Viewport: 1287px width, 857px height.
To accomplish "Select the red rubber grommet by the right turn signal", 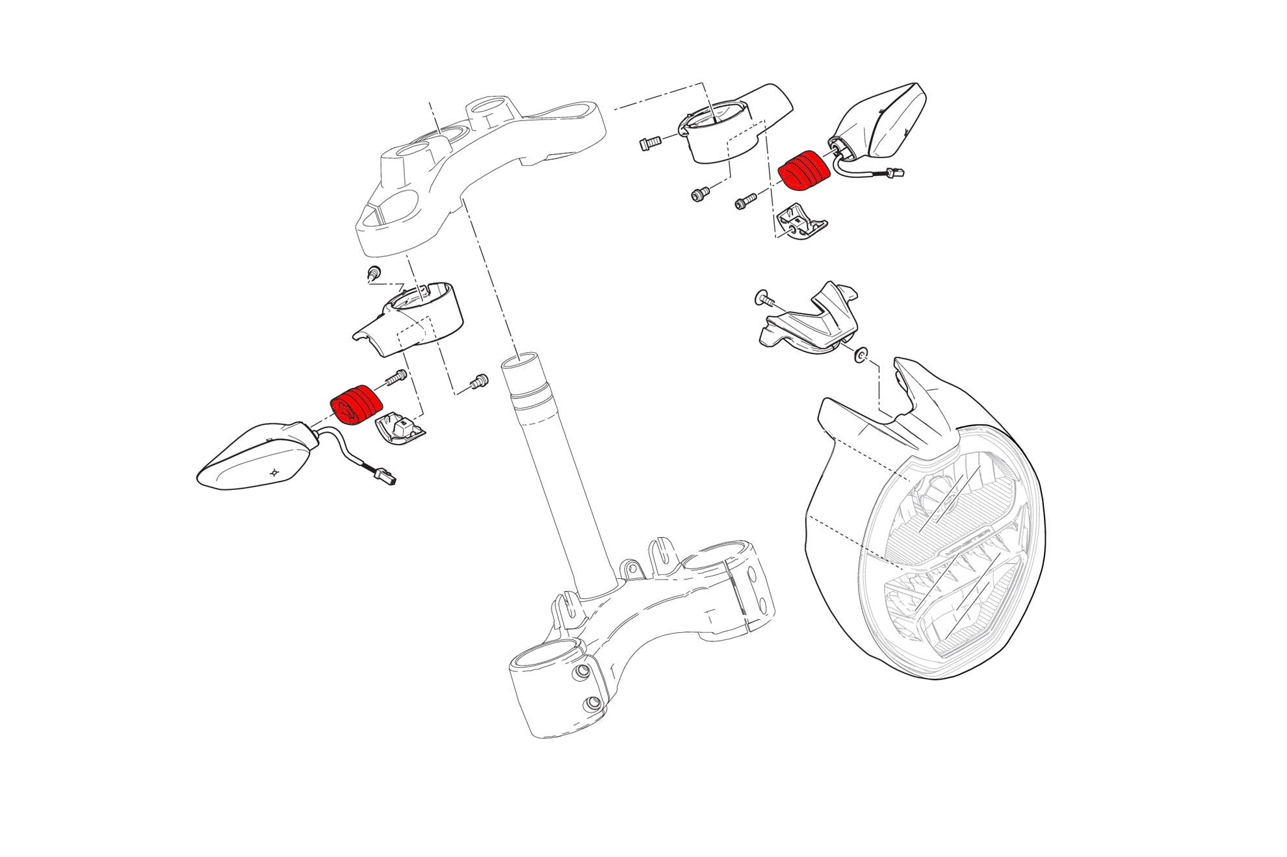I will click(x=805, y=170).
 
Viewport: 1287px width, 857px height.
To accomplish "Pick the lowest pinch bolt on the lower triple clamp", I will click(x=593, y=703).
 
